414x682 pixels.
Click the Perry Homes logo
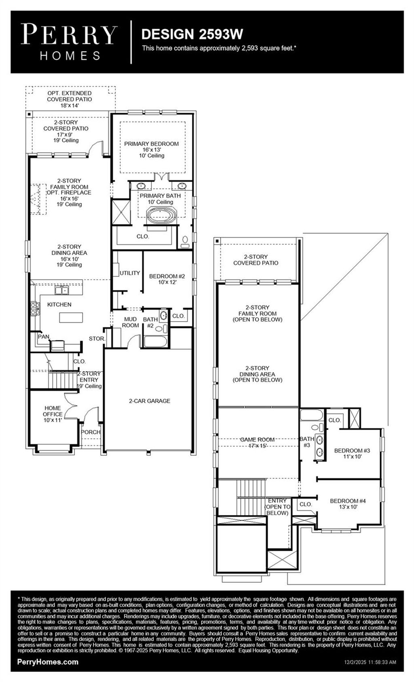pyautogui.click(x=69, y=42)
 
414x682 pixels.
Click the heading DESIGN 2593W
pyautogui.click(x=192, y=34)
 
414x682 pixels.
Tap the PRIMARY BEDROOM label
pyautogui.click(x=151, y=144)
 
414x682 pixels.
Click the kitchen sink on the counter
pyautogui.click(x=62, y=290)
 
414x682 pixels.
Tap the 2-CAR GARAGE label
pyautogui.click(x=150, y=401)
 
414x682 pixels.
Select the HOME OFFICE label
pyautogui.click(x=53, y=411)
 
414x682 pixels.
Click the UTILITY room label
pyautogui.click(x=129, y=273)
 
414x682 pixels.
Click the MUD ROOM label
pyautogui.click(x=131, y=322)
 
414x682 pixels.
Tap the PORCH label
pyautogui.click(x=91, y=432)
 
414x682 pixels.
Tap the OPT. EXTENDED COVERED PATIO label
pyautogui.click(x=70, y=99)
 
